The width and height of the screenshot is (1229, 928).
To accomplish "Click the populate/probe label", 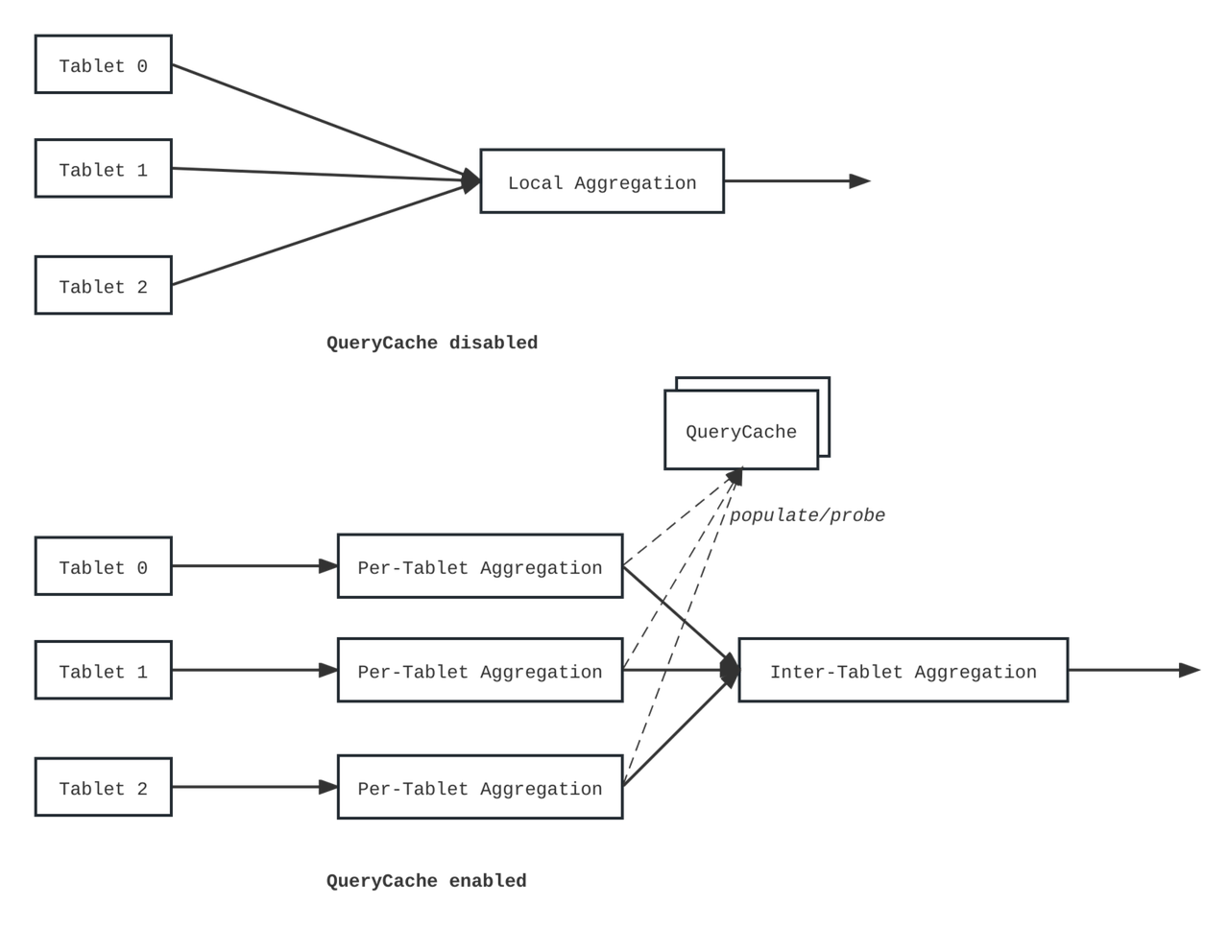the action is (807, 515).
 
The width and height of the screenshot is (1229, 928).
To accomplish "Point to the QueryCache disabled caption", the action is (432, 343).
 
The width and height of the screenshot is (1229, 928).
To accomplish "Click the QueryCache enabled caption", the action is (426, 880).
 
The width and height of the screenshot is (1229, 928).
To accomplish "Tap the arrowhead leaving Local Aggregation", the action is (860, 180).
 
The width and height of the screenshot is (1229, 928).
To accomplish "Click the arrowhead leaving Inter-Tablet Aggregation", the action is (1190, 670).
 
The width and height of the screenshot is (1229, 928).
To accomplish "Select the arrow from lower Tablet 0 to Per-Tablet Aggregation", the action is (254, 566).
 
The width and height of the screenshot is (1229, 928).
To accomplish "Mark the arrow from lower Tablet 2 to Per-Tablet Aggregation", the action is (254, 787).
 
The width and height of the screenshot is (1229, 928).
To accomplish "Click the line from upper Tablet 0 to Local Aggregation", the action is (325, 123).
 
